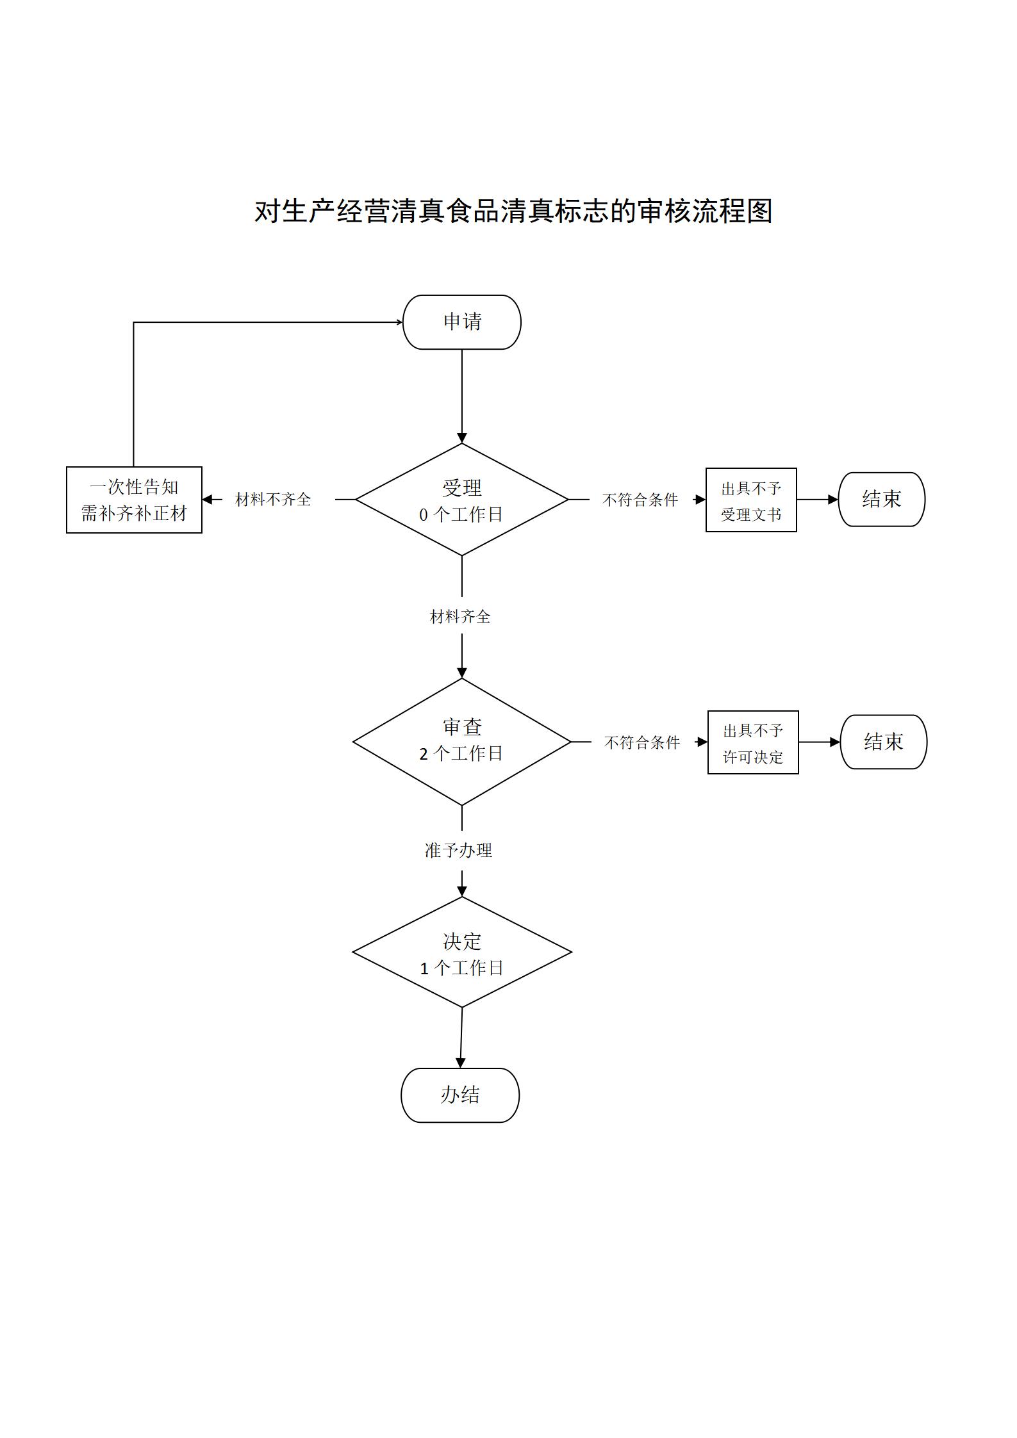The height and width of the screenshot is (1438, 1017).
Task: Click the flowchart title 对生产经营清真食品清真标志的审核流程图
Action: (x=513, y=211)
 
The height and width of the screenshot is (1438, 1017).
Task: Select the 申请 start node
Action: (x=462, y=322)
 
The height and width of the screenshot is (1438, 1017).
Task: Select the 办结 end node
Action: (x=460, y=1095)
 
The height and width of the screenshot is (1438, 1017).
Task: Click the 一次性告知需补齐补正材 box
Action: (x=134, y=500)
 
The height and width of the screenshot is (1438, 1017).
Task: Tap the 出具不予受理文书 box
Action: (x=751, y=500)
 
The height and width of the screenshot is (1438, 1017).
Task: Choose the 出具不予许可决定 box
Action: (x=753, y=742)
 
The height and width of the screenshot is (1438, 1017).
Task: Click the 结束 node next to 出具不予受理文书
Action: (x=882, y=499)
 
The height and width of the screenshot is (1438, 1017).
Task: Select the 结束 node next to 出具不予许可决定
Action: (x=884, y=742)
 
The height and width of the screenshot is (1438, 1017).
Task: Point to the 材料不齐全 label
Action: (x=273, y=500)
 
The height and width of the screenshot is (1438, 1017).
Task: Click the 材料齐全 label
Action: (x=460, y=617)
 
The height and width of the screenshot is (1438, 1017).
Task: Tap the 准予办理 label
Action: (x=459, y=851)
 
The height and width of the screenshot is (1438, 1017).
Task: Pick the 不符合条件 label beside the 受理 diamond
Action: (x=640, y=500)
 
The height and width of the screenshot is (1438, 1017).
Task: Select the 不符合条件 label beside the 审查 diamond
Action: (x=642, y=742)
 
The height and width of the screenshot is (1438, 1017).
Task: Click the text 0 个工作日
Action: (x=461, y=514)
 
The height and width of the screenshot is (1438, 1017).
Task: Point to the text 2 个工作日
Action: (x=461, y=754)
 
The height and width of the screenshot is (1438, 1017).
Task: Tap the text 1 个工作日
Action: (x=462, y=968)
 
